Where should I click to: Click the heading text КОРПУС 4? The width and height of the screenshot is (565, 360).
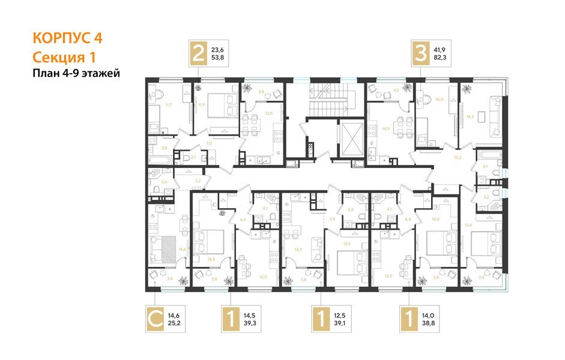tap(67, 38)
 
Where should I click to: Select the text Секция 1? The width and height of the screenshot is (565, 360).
tap(63, 57)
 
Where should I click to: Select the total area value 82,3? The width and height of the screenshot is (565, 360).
tap(441, 59)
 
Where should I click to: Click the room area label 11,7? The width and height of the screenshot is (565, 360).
tap(168, 104)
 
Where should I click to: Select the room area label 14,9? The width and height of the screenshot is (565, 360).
tap(386, 128)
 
